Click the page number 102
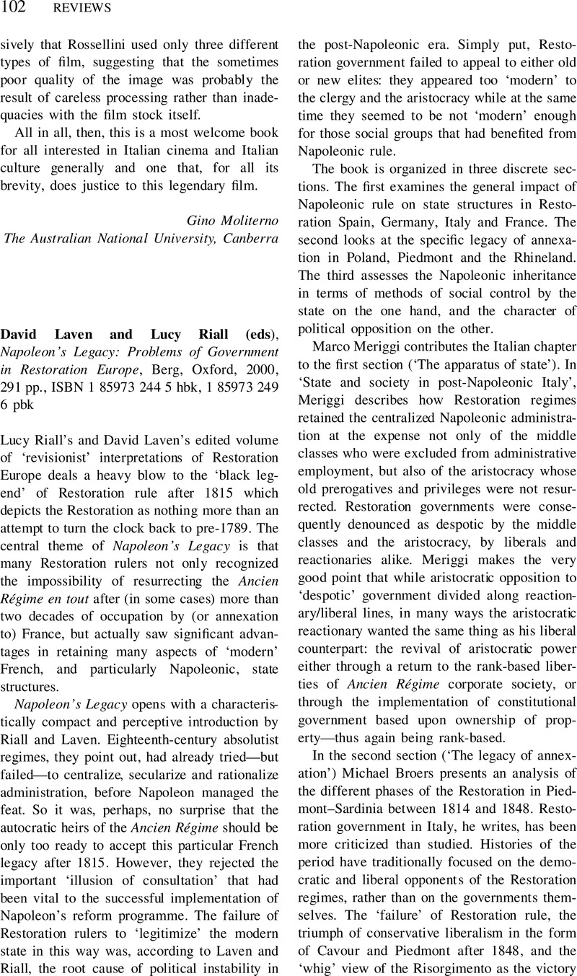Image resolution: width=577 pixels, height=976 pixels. (15, 8)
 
